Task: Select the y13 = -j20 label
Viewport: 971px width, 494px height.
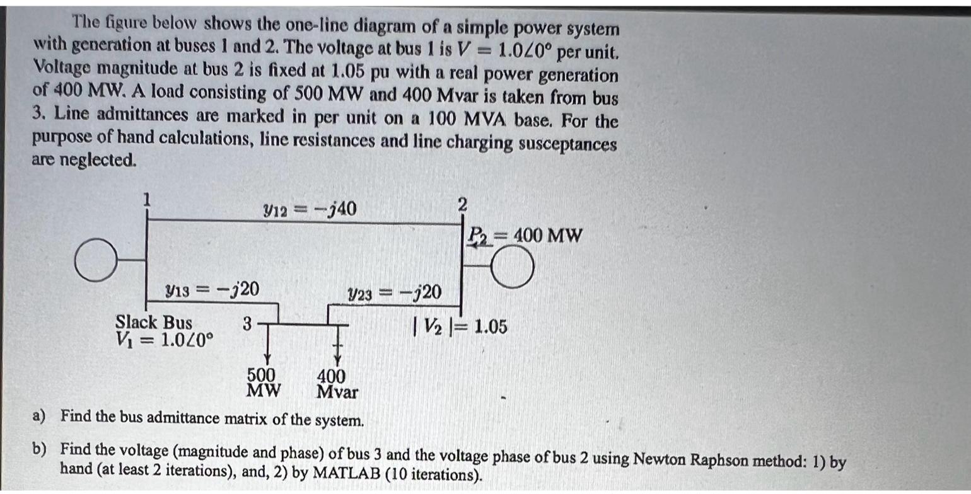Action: tap(211, 290)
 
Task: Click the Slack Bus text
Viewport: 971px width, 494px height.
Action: tap(154, 323)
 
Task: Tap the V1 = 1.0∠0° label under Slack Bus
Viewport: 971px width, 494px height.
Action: tap(165, 340)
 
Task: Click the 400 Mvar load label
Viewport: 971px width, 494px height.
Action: tap(336, 384)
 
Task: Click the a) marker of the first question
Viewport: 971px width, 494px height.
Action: tap(40, 416)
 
